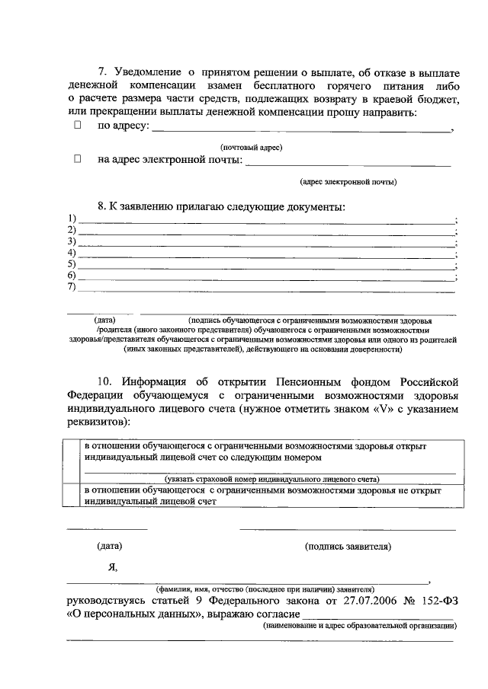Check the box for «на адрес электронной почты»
(x=78, y=159)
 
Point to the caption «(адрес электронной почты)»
(x=348, y=182)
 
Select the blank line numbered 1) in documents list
(x=267, y=220)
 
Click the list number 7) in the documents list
(x=72, y=286)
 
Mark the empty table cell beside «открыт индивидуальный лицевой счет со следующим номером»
(x=72, y=462)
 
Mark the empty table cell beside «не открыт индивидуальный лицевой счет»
(x=72, y=496)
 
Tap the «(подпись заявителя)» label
(x=348, y=546)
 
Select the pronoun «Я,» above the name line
(x=114, y=567)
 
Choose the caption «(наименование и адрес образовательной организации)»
(x=359, y=626)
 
